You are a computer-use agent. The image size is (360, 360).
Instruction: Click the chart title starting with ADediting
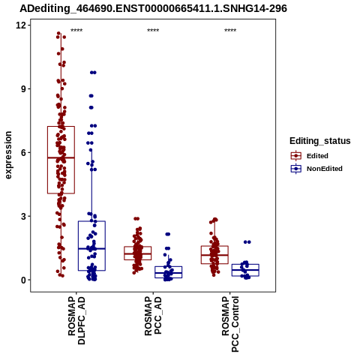[x=153, y=8]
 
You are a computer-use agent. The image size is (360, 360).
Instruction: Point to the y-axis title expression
[x=8, y=155]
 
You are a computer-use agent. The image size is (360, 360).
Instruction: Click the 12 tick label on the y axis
[x=21, y=25]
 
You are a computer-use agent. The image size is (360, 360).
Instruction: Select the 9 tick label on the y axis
[x=24, y=88]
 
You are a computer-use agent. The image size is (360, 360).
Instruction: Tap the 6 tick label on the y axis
[x=24, y=152]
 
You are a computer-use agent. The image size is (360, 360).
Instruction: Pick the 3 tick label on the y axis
[x=24, y=216]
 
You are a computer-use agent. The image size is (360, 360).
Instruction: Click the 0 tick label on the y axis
[x=24, y=280]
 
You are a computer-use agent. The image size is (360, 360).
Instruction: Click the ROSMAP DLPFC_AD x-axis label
[x=76, y=320]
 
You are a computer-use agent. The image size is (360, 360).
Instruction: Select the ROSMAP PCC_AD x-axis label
[x=153, y=316]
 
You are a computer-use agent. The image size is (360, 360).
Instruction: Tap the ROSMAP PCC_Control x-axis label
[x=230, y=324]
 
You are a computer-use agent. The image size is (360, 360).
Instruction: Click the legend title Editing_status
[x=320, y=141]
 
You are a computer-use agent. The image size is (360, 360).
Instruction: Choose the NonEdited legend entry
[x=316, y=169]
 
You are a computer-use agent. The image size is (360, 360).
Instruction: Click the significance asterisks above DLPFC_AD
[x=76, y=31]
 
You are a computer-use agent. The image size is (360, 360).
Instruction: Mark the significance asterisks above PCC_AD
[x=153, y=31]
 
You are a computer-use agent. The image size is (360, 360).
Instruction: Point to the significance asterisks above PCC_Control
[x=230, y=31]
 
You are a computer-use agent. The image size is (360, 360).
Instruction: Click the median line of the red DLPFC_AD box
[x=61, y=157]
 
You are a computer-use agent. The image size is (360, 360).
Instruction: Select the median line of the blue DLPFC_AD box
[x=91, y=248]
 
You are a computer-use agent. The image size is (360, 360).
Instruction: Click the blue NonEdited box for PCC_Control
[x=245, y=265]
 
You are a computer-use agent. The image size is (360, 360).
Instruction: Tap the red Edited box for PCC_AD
[x=138, y=247]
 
